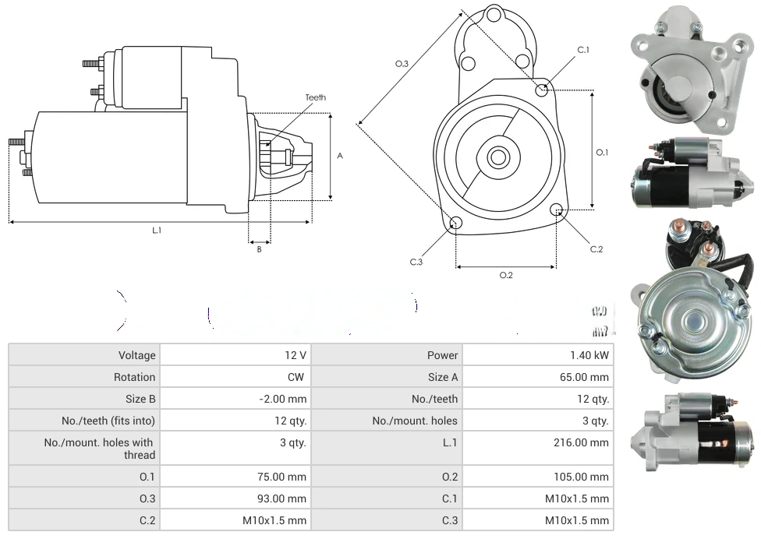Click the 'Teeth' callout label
pyautogui.click(x=316, y=97)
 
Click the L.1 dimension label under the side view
pyautogui.click(x=157, y=231)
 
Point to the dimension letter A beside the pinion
pyautogui.click(x=340, y=156)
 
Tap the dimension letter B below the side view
pyautogui.click(x=260, y=249)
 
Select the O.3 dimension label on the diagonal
pyautogui.click(x=402, y=64)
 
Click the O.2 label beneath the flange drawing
pyautogui.click(x=505, y=275)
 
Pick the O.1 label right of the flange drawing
pyautogui.click(x=602, y=153)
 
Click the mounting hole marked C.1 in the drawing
pyautogui.click(x=543, y=90)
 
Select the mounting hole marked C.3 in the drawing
pyautogui.click(x=456, y=224)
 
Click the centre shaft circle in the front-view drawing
pyautogui.click(x=497, y=157)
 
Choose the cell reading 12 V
pyautogui.click(x=296, y=355)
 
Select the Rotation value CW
pyautogui.click(x=298, y=377)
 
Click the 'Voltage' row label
pyautogui.click(x=137, y=355)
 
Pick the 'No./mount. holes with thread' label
pyautogui.click(x=100, y=449)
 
